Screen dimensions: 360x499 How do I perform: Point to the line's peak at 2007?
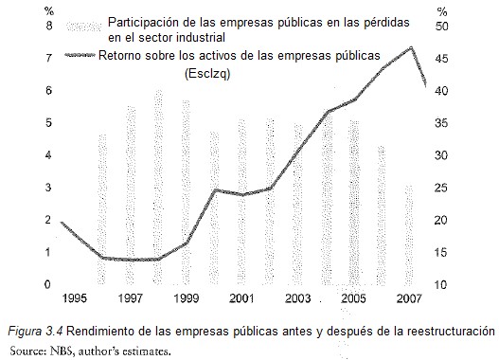(x=411, y=47)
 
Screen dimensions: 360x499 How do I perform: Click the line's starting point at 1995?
(x=62, y=223)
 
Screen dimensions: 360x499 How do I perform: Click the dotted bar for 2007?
(x=409, y=232)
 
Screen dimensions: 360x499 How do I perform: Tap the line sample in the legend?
(x=82, y=58)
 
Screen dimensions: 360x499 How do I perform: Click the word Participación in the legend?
(x=142, y=21)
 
